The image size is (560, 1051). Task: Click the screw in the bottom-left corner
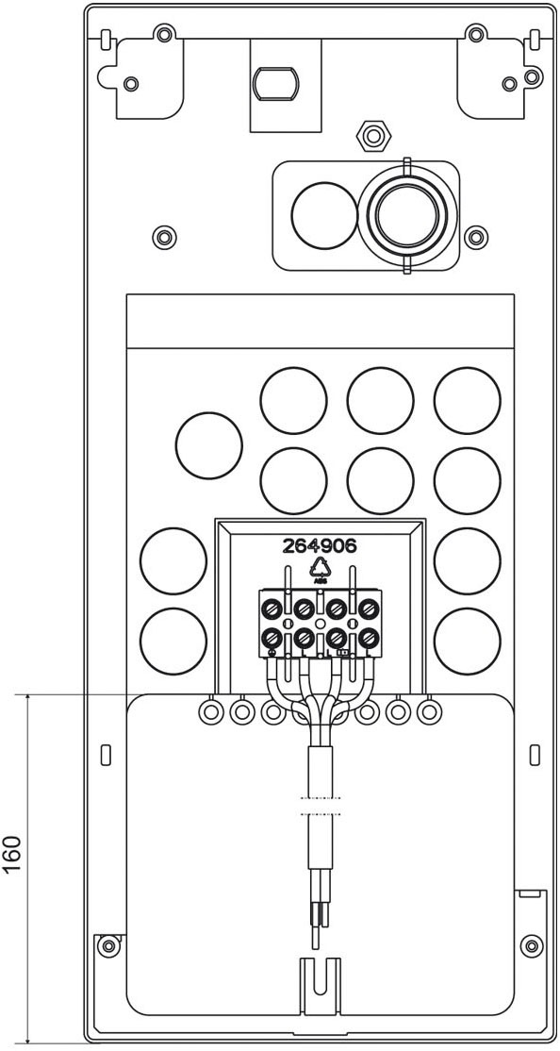tap(108, 944)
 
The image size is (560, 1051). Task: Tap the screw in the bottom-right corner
tap(532, 944)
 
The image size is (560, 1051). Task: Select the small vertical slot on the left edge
tap(105, 754)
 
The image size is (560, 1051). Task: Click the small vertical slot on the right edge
tap(534, 754)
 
